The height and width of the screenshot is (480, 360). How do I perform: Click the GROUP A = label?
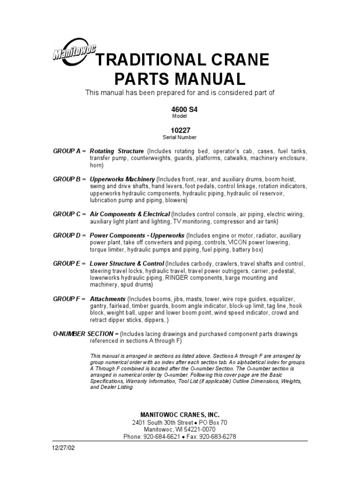pyautogui.click(x=69, y=151)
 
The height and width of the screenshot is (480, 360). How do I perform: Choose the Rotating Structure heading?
pyautogui.click(x=117, y=151)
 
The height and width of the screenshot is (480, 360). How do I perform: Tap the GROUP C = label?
pyautogui.click(x=69, y=214)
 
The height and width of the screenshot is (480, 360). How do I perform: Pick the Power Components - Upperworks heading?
pyautogui.click(x=137, y=235)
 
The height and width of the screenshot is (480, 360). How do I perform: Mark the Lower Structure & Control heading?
pyautogui.click(x=127, y=263)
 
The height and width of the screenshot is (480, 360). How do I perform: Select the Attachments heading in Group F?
pyautogui.click(x=107, y=299)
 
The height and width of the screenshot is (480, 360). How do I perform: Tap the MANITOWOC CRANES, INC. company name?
pyautogui.click(x=180, y=414)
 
